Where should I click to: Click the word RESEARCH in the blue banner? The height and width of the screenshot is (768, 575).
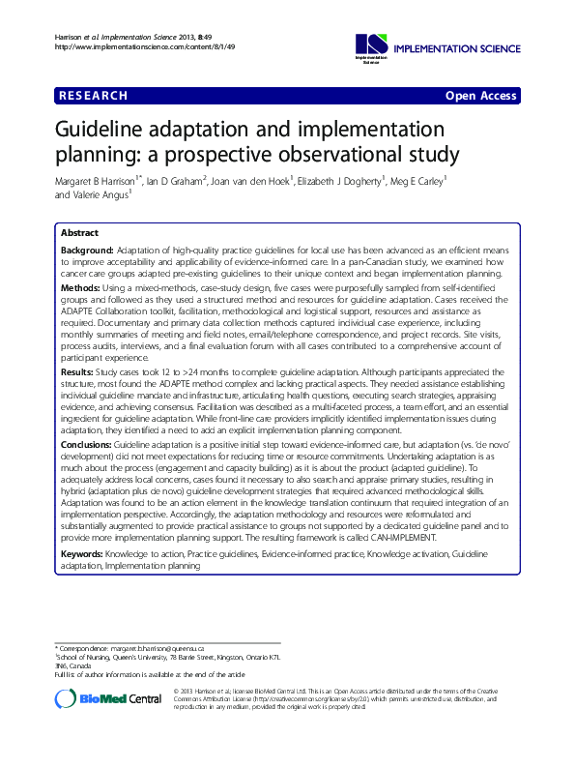click(94, 96)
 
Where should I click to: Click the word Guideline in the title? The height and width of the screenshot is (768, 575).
click(109, 131)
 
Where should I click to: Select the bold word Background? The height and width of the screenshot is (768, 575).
click(87, 251)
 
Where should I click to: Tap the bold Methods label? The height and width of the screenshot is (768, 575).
click(81, 289)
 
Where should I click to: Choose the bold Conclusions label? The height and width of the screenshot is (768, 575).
click(87, 443)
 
